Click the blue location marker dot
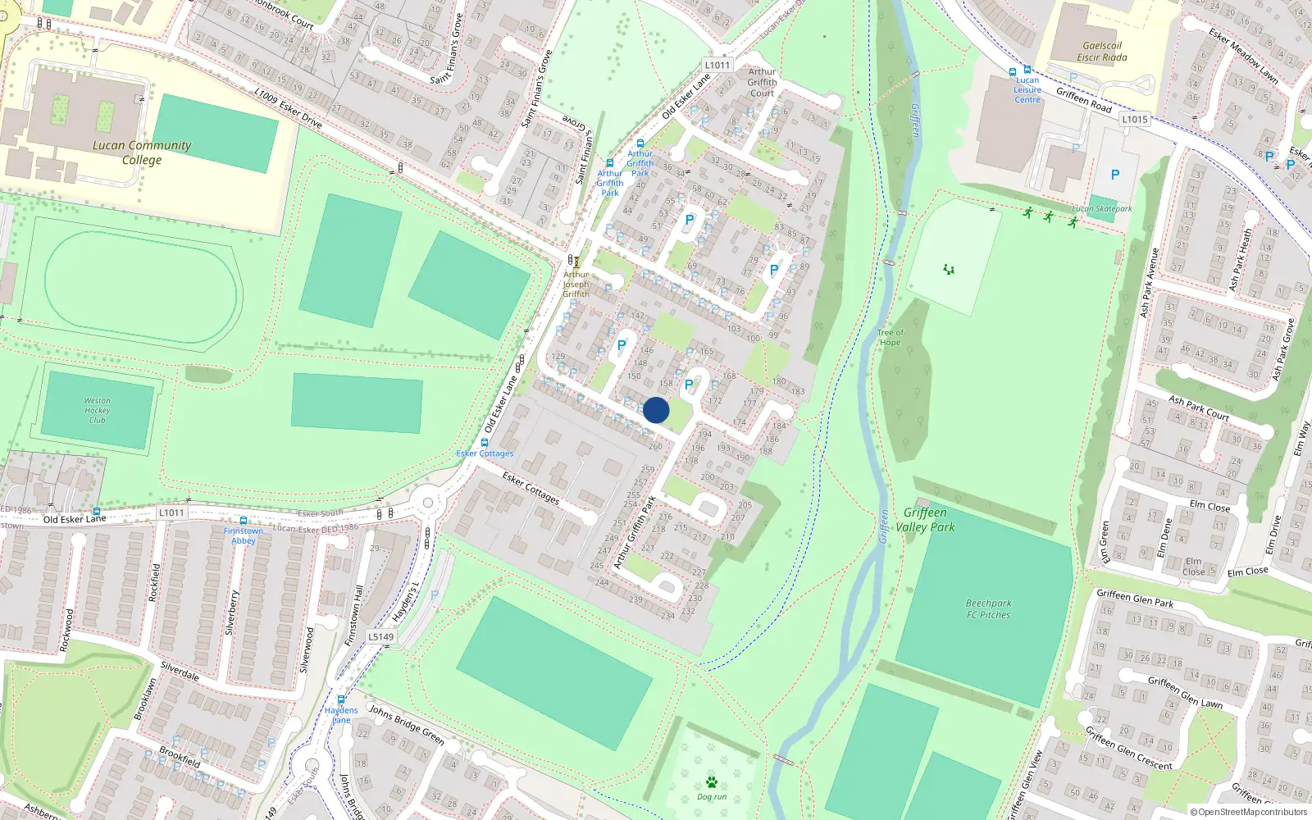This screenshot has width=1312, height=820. pos(656,410)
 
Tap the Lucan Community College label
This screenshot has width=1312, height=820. pos(142,153)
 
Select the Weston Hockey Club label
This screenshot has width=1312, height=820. pos(97,411)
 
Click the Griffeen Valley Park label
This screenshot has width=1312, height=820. pos(925,520)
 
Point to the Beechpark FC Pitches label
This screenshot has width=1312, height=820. pos(988,608)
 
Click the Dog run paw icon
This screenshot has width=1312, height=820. pos(711,782)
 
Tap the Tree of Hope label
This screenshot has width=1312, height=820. pos(890,338)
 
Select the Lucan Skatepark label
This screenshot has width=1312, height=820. pos(1101,209)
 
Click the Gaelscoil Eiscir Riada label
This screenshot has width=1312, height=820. pos(1101,52)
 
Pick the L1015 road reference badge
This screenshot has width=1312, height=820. pos(1135,119)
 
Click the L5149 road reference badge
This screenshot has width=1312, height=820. pos(380,636)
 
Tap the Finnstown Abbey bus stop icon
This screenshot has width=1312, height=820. pos(243,521)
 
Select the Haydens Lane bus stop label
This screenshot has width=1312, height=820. pos(341,715)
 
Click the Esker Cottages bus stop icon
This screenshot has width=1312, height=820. pos(485,443)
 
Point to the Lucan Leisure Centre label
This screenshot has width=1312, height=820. pos(1027,90)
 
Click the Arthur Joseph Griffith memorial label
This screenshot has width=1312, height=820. pos(576,284)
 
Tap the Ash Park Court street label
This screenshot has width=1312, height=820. pos(1199,408)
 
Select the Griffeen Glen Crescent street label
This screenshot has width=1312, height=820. pos(1128,748)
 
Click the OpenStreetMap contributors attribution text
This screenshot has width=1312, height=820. pos(1249,813)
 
